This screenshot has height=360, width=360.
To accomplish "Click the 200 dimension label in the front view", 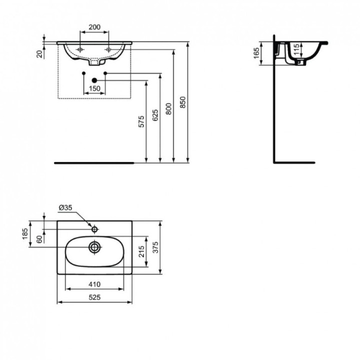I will (x=94, y=27).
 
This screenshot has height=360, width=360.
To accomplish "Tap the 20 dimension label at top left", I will (x=39, y=53).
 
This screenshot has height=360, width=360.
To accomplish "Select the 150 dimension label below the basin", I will (x=94, y=88).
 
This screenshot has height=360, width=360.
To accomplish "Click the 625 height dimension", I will (x=155, y=115).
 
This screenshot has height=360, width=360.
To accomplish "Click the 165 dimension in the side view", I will (x=256, y=53).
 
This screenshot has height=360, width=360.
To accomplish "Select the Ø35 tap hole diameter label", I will (x=66, y=207).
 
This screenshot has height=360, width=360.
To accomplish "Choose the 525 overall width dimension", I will (x=95, y=297).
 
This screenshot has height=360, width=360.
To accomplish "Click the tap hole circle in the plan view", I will (x=95, y=228).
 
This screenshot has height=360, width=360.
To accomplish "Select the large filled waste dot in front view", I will (x=94, y=80).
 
